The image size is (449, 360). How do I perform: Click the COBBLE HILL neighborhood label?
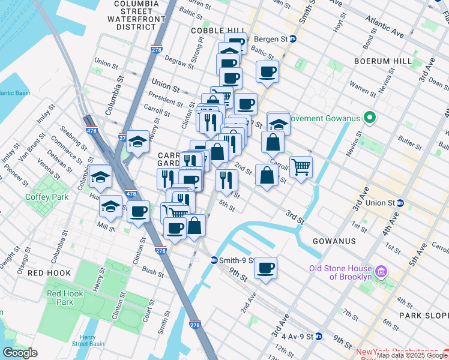(x=217, y=31)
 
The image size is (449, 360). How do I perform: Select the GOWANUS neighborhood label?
(x=334, y=241)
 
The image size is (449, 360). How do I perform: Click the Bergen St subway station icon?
(x=293, y=39)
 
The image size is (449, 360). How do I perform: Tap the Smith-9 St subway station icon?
(x=214, y=260)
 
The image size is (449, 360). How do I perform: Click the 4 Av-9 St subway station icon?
(x=319, y=337)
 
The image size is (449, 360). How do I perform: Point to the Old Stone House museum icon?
(x=380, y=272)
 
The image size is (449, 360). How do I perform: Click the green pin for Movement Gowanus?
(x=370, y=118)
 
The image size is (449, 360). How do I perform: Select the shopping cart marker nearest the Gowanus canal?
(x=301, y=166)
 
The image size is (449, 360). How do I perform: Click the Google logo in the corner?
(x=20, y=353)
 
